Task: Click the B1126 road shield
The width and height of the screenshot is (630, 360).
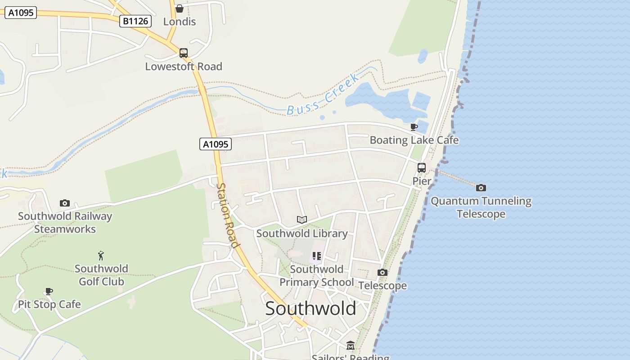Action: point(135,21)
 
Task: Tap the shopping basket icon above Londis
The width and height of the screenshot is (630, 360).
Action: point(180,9)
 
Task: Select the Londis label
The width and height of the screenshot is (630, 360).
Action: point(180,22)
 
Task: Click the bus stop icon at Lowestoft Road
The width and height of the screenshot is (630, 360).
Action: point(184,53)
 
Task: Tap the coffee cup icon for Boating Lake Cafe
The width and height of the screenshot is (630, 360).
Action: point(414,127)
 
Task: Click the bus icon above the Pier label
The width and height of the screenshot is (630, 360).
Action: point(422,168)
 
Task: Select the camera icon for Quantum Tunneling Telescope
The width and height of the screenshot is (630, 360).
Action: point(481,188)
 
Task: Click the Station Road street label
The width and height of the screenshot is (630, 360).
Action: point(227,215)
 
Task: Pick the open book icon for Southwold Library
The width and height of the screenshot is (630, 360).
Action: point(302,220)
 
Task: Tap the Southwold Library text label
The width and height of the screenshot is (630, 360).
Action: point(302,234)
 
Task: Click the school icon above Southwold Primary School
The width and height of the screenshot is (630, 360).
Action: point(317,256)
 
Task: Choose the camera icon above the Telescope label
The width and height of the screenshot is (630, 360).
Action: point(382,272)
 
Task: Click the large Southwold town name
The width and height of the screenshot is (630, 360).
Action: point(310,309)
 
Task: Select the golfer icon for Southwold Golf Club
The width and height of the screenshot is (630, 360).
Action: point(101,256)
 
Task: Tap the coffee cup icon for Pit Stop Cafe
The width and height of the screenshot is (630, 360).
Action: point(49,292)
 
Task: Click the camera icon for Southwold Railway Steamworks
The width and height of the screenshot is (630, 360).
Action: point(65,203)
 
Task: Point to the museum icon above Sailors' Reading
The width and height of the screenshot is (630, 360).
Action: point(351,346)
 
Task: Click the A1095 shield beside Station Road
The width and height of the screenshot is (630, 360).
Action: point(215,144)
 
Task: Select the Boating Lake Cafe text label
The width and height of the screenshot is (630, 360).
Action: point(414,140)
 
